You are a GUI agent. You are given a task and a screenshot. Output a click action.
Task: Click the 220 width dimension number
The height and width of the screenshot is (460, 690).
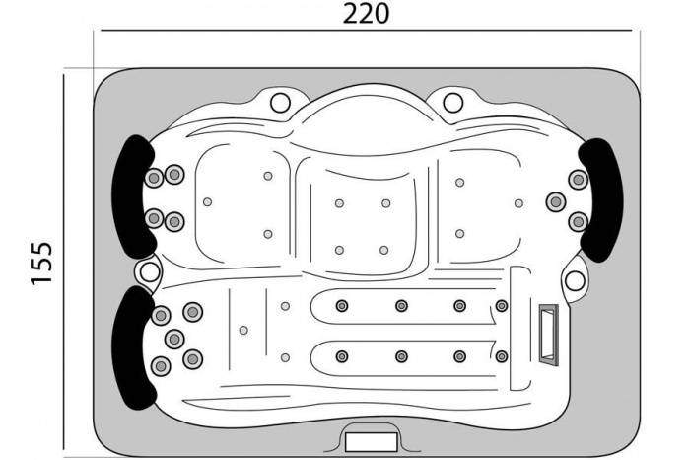366,13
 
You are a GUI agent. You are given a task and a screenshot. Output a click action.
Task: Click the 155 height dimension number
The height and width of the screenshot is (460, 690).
41,263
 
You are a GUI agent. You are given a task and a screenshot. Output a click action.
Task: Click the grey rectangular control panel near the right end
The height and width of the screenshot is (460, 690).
549,335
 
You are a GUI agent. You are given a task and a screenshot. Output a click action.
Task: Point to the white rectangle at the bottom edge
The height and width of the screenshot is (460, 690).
372,442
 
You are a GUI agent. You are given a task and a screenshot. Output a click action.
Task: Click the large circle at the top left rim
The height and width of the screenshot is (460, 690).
280,103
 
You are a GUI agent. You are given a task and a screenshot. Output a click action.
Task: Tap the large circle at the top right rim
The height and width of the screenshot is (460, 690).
452,103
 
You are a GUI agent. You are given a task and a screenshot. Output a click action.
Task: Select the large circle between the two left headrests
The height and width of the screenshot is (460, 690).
150,272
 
